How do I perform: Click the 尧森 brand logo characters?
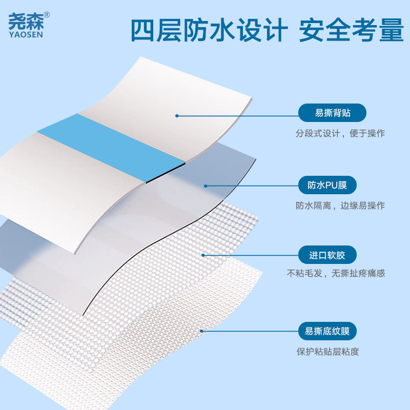[x=26, y=19]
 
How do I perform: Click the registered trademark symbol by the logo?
[x=47, y=14]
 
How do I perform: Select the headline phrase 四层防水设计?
[x=208, y=31]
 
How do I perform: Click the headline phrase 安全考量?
[x=352, y=31]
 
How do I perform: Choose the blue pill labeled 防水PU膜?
[x=327, y=185]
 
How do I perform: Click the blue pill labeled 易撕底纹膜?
[x=327, y=331]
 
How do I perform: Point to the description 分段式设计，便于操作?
[x=340, y=133]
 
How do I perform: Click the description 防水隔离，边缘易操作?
[x=340, y=206]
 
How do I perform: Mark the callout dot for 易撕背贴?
[x=177, y=115]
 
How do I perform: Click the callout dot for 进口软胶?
[x=203, y=255]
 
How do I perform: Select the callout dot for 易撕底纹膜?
[x=201, y=331]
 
